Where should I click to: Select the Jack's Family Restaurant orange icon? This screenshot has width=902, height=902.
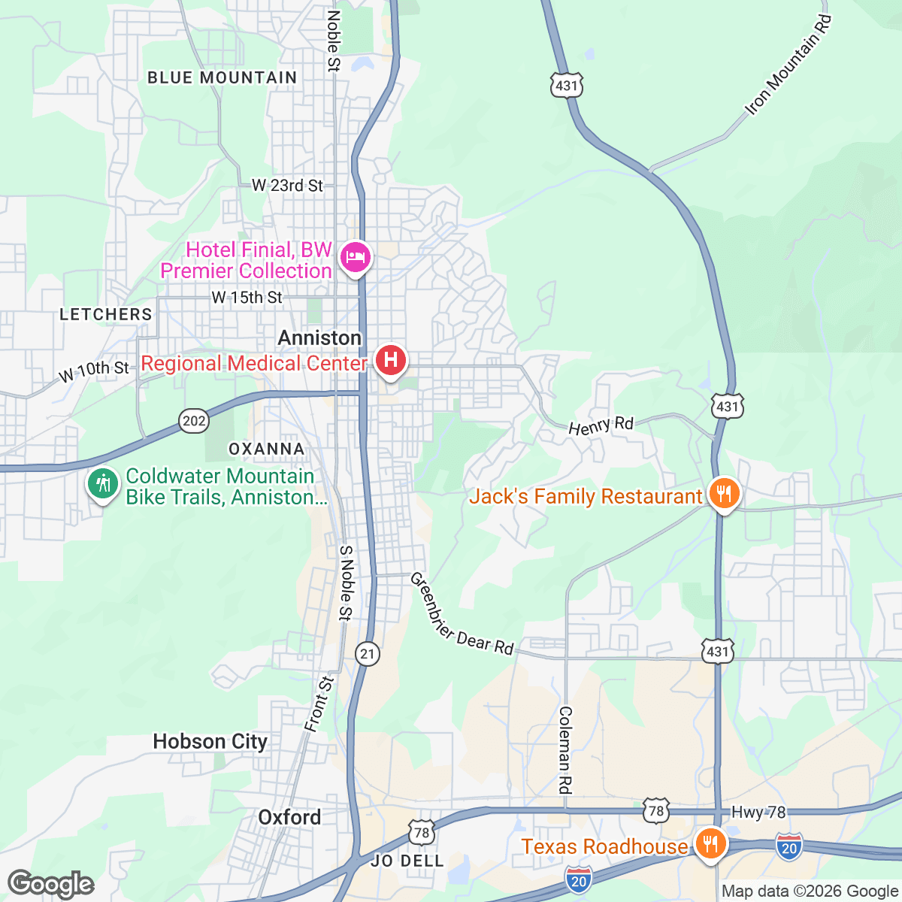(x=723, y=494)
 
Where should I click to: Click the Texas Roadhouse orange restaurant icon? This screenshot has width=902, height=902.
(x=709, y=843)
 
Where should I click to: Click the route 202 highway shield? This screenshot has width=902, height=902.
(x=194, y=421)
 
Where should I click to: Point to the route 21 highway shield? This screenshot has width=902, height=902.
(x=367, y=653)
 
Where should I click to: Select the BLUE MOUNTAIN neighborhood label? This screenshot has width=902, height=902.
(x=222, y=77)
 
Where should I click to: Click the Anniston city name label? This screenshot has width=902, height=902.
(x=319, y=338)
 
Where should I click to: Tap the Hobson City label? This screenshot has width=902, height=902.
(x=210, y=742)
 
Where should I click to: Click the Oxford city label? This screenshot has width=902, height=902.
(x=289, y=817)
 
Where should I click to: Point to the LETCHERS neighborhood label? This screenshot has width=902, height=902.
(x=106, y=314)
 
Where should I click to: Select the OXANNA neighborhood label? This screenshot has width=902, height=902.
(x=266, y=449)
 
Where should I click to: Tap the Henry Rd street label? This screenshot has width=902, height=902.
(x=601, y=426)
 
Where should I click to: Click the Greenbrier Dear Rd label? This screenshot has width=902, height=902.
(x=461, y=615)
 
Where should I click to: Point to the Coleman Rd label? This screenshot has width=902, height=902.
(x=565, y=750)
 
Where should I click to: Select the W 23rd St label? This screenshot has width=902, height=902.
(x=287, y=185)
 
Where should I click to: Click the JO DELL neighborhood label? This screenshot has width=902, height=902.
(x=407, y=861)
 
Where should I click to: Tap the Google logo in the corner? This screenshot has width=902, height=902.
(x=51, y=884)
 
